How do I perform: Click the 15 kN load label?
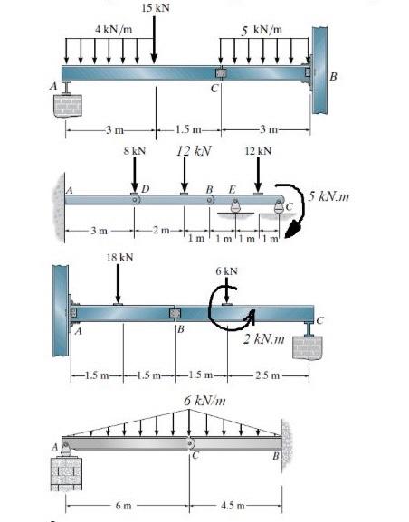pos(155,8)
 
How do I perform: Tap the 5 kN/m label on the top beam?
pos(262,29)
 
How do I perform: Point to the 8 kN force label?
pos(134,150)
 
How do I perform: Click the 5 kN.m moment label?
pos(328,195)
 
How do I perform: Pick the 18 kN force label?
pos(119,258)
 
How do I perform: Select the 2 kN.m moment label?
pos(265,339)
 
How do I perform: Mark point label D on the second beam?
pos(145,187)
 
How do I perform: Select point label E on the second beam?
pos(232,188)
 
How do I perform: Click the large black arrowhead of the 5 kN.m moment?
pos(291,231)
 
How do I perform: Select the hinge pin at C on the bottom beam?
pos(188,442)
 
